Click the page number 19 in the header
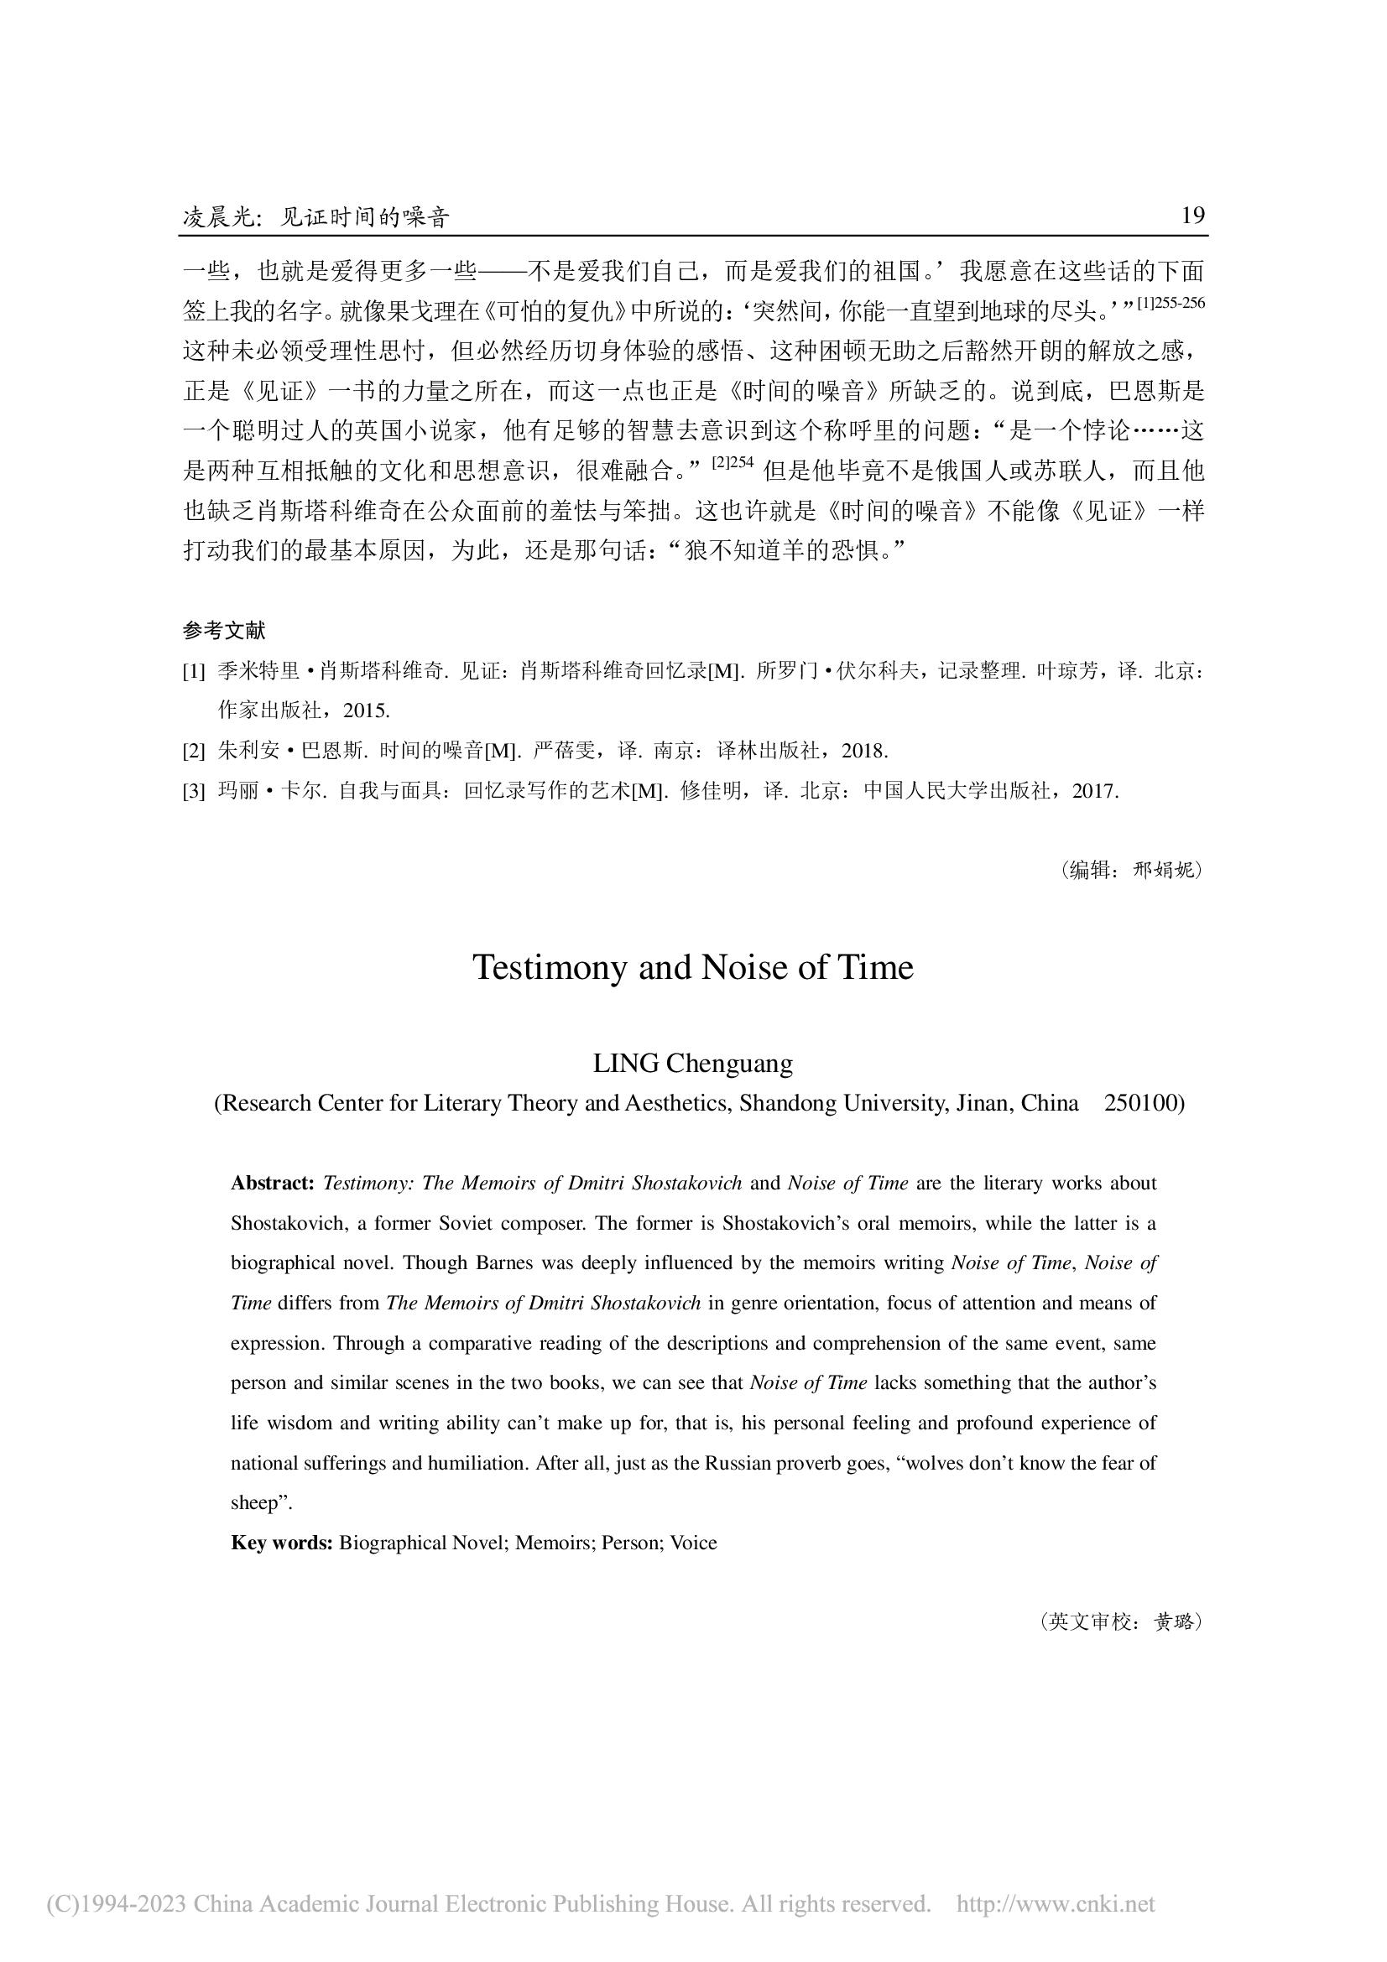[1192, 216]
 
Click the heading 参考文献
[224, 631]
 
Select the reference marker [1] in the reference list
[194, 672]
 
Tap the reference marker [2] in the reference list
[194, 751]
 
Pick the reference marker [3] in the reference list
[194, 791]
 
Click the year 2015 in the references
[367, 710]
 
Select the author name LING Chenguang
[693, 1064]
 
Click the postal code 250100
[1145, 1103]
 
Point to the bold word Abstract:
[273, 1184]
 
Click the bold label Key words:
[281, 1543]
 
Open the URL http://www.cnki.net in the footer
[1056, 1903]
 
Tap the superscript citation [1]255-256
[1170, 304]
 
